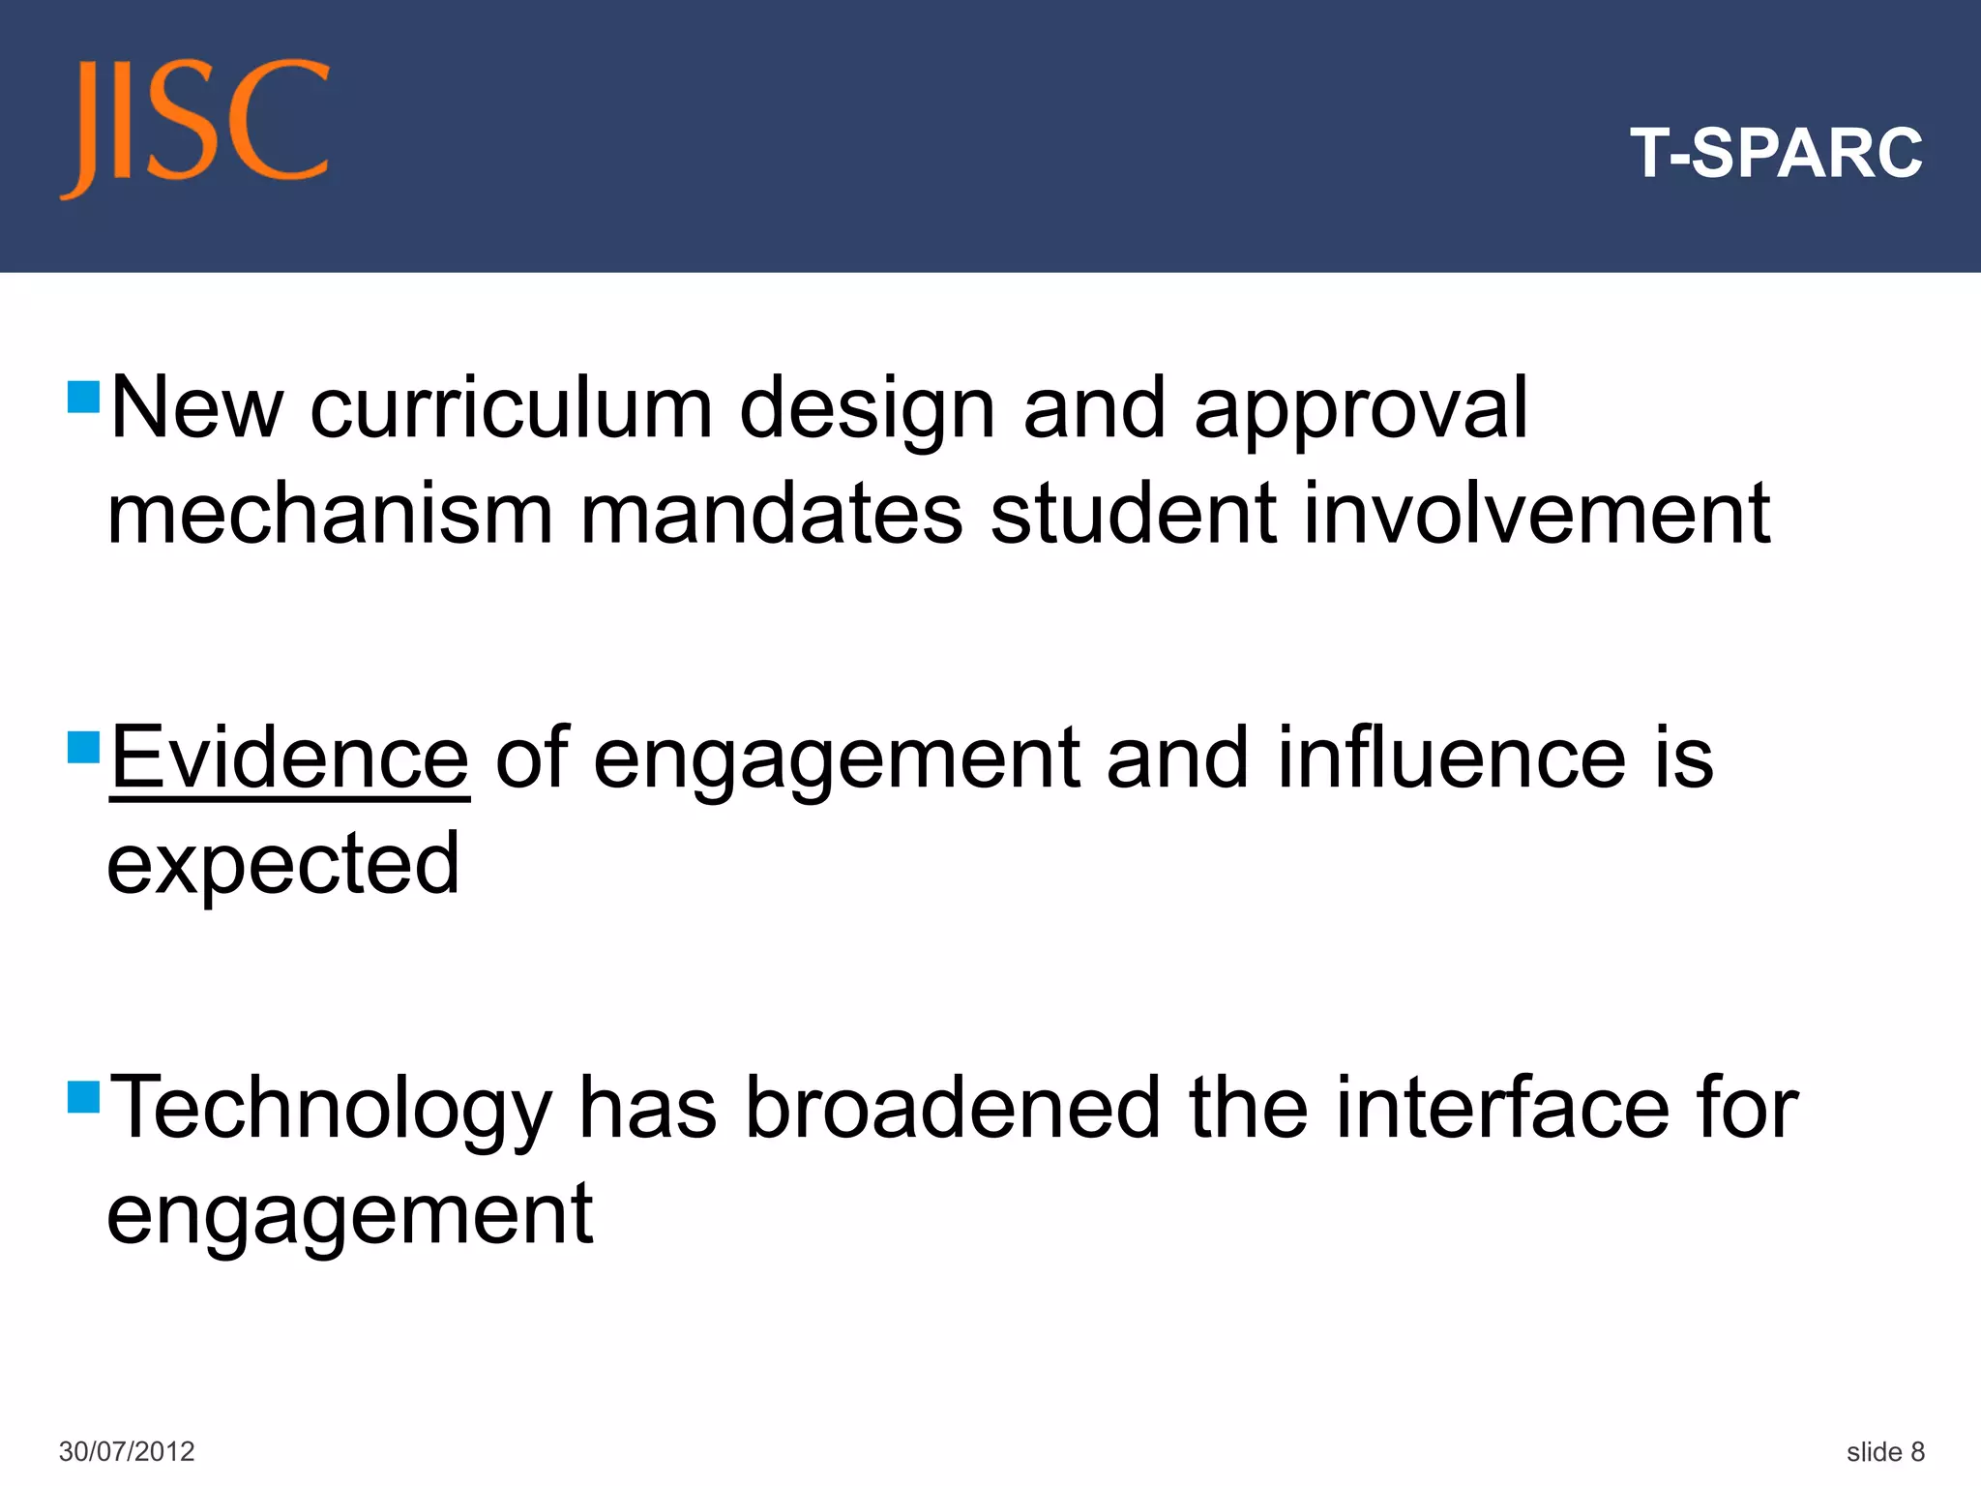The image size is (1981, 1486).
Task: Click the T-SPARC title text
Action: pos(1776,153)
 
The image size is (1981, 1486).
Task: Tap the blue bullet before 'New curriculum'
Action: pos(84,397)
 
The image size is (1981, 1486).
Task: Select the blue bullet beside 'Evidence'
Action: pos(84,747)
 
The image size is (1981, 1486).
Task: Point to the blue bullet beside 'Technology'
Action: pos(84,1097)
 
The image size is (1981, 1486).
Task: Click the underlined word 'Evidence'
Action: pos(289,758)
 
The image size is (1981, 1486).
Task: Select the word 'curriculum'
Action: pos(511,408)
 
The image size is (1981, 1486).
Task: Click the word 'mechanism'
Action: pos(329,515)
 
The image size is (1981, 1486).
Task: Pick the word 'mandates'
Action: pos(771,515)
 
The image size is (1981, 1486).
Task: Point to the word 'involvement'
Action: pos(1536,515)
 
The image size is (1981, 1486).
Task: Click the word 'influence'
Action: pos(1451,758)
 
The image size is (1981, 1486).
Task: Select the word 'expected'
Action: pos(282,867)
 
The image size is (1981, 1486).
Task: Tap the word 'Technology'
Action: pos(331,1111)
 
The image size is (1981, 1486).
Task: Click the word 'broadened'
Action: pos(952,1109)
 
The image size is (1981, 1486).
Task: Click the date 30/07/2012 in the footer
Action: pos(127,1451)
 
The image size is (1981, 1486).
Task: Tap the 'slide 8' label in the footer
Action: pos(1884,1451)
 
